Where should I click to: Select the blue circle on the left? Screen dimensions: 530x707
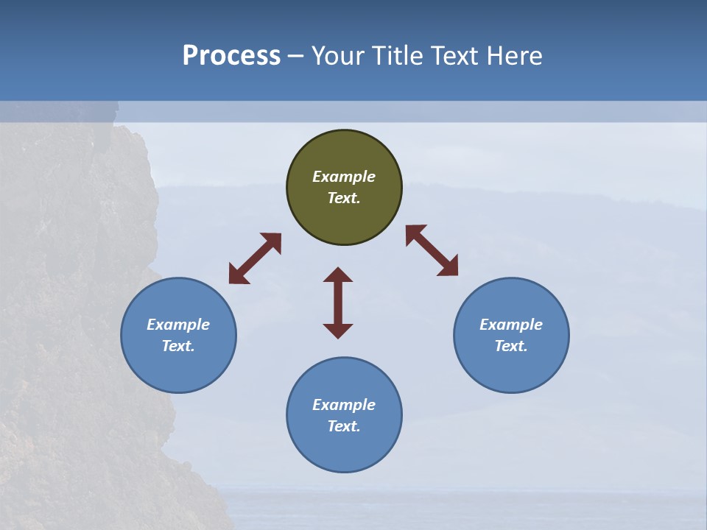178,335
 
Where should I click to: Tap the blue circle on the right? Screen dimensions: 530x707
511,335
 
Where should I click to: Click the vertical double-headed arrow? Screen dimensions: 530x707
338,303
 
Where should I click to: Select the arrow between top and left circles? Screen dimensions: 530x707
255,258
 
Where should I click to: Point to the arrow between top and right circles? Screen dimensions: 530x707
432,250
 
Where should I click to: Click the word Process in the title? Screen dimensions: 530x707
231,55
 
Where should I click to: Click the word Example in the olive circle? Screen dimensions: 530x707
344,177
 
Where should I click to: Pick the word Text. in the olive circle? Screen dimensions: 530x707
344,198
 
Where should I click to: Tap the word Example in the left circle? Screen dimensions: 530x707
178,325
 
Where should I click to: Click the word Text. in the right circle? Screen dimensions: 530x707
511,346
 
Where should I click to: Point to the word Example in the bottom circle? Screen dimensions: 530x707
344,405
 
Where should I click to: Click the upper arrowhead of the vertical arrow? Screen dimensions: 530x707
338,275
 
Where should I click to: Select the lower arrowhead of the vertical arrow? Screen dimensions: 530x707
338,331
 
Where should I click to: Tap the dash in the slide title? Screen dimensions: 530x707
296,57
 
